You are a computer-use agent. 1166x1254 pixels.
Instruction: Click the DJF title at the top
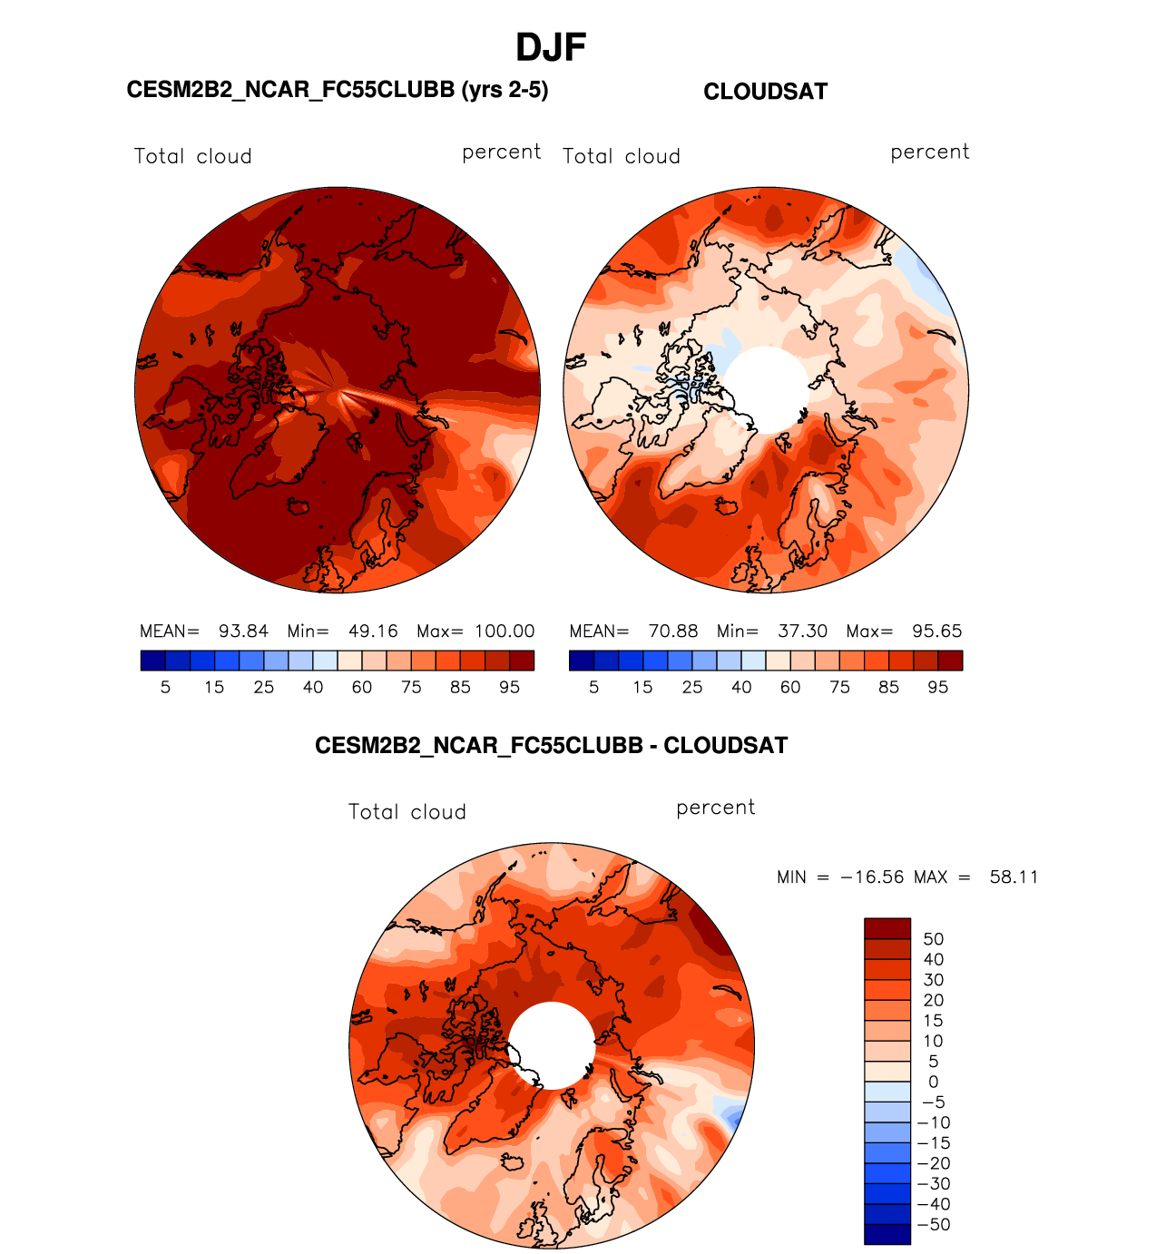click(x=551, y=47)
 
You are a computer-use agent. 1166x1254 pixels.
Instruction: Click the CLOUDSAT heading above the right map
click(x=765, y=92)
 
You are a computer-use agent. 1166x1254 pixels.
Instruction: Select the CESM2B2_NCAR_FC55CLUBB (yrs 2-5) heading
click(x=338, y=90)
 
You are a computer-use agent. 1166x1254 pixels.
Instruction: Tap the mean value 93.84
click(x=243, y=632)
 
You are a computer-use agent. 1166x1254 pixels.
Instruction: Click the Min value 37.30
click(x=802, y=632)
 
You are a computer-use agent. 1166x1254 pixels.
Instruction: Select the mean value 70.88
click(x=672, y=632)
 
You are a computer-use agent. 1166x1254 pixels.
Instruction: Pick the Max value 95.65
click(x=936, y=632)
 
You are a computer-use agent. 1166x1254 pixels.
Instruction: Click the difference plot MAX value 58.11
click(x=1014, y=877)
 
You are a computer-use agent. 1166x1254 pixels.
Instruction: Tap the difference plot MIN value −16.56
click(x=872, y=877)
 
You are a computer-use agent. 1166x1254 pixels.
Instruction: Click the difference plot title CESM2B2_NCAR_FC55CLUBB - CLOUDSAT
click(x=551, y=746)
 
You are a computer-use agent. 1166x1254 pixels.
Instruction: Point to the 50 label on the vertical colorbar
click(x=933, y=939)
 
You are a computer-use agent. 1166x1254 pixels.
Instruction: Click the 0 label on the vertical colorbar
click(x=933, y=1082)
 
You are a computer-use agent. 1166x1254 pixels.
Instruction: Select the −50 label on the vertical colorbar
click(x=934, y=1225)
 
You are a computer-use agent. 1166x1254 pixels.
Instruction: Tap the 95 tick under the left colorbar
click(x=509, y=688)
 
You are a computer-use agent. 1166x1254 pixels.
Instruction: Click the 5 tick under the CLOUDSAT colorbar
click(x=593, y=688)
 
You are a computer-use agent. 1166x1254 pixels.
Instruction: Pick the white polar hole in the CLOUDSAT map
click(x=768, y=389)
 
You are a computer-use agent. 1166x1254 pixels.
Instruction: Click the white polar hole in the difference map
click(x=551, y=1045)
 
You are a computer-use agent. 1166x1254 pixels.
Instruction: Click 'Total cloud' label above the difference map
click(x=407, y=812)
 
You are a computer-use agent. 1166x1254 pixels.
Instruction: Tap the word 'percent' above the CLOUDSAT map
click(x=930, y=152)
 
